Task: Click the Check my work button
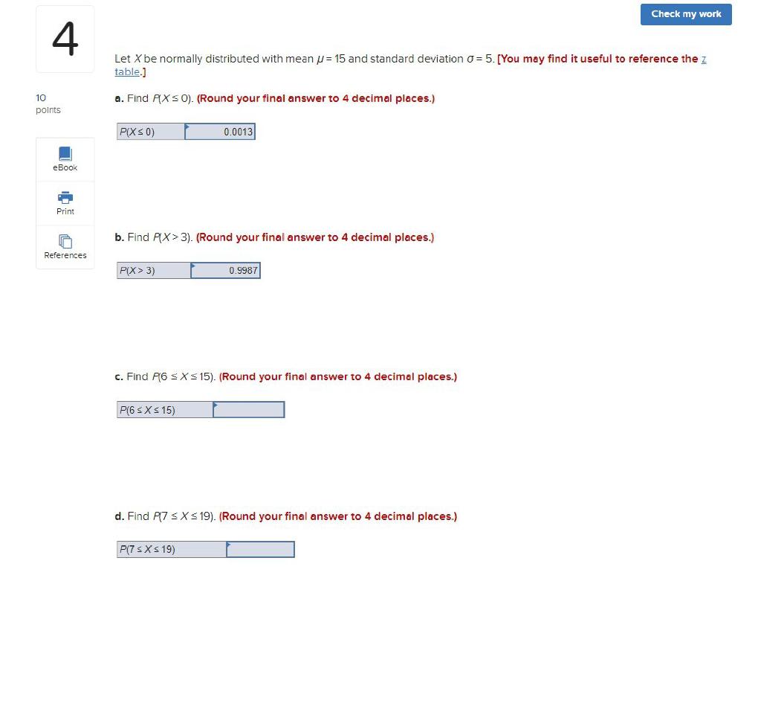tap(686, 14)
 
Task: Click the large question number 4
tap(65, 39)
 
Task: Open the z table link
tap(127, 71)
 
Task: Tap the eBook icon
tap(65, 153)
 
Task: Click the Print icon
tap(65, 197)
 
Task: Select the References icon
tap(65, 242)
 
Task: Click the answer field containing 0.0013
tap(220, 132)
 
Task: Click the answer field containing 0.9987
tap(226, 271)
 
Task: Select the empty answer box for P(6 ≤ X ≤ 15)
tap(249, 410)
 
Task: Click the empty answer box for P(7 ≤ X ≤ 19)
tap(261, 549)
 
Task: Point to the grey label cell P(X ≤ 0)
tap(151, 132)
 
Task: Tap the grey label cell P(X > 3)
tap(154, 271)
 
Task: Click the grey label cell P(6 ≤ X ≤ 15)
tap(165, 410)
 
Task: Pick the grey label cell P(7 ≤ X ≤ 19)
tap(172, 549)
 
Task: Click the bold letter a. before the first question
tap(119, 98)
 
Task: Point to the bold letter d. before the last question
tap(119, 516)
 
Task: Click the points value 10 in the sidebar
tap(41, 97)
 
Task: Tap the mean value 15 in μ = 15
tap(340, 59)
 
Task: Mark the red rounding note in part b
tap(315, 237)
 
